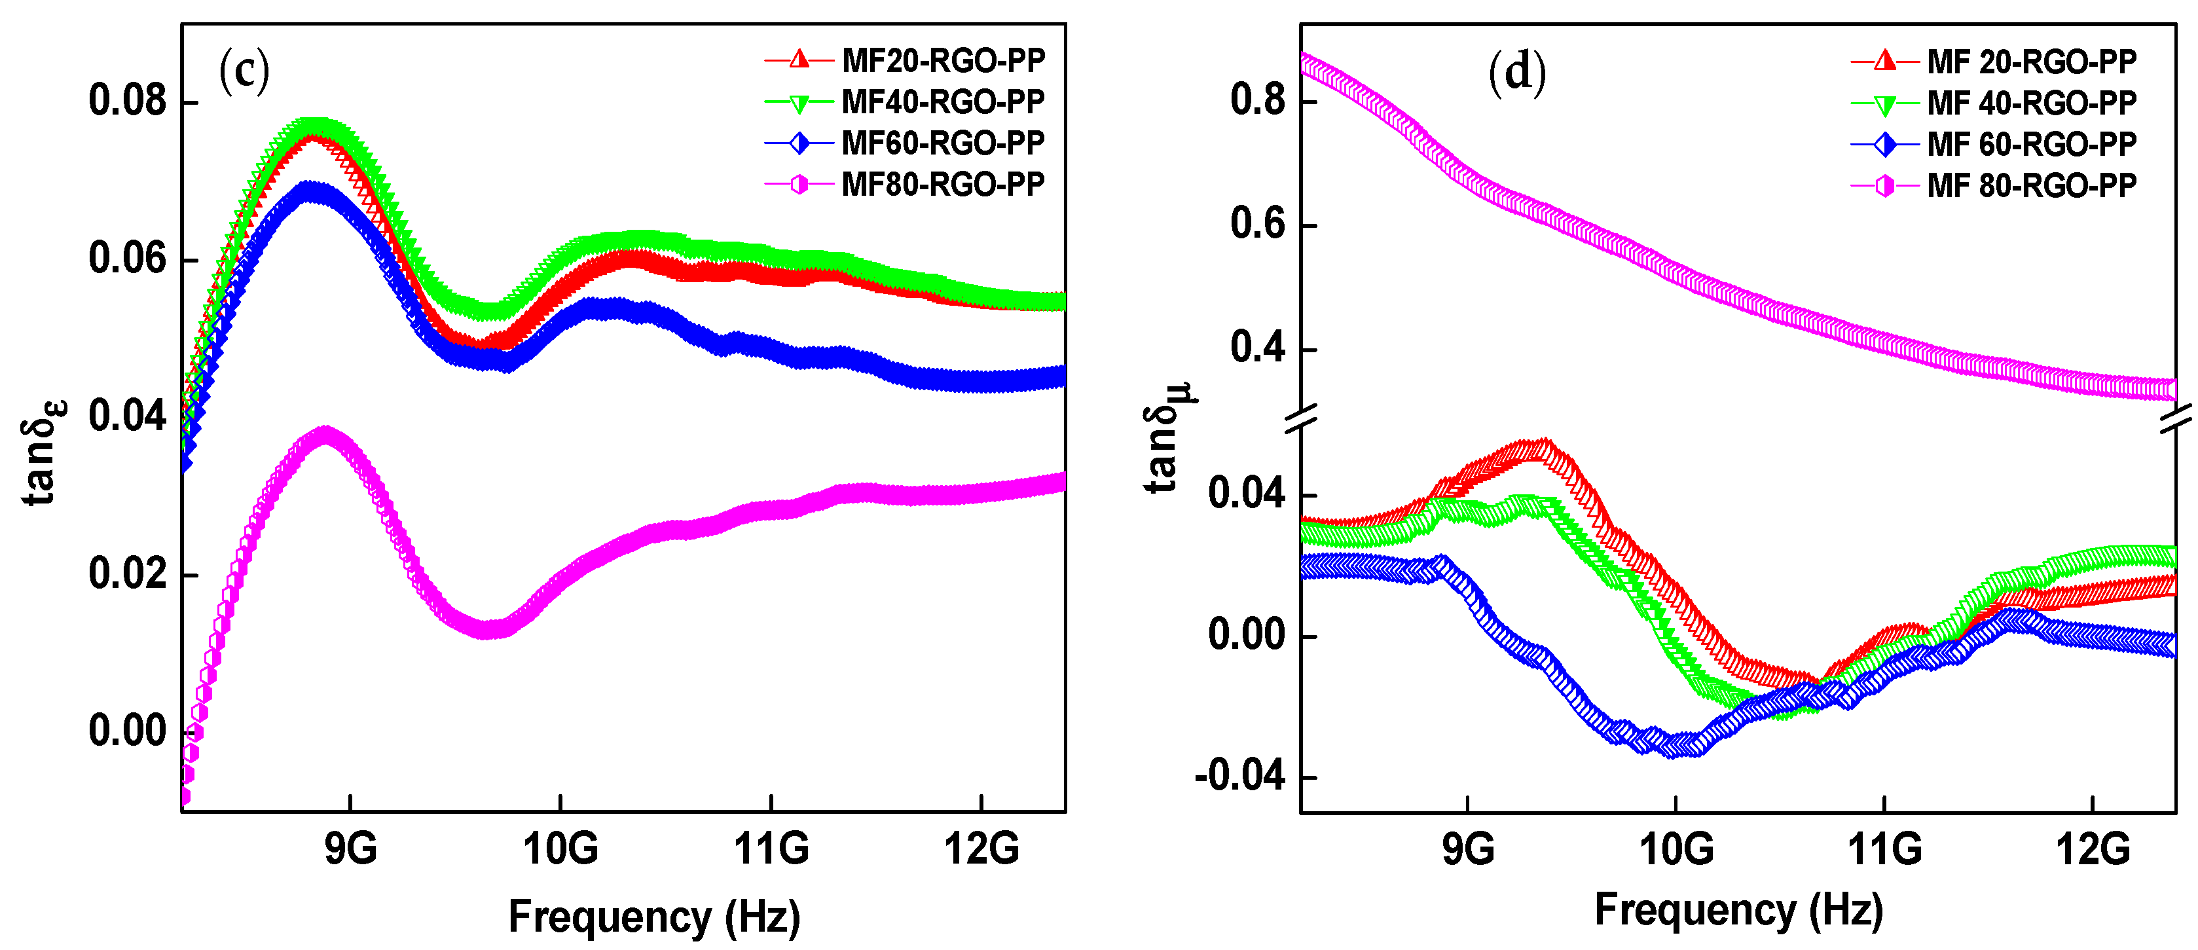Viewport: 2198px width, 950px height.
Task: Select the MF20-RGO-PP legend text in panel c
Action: [943, 61]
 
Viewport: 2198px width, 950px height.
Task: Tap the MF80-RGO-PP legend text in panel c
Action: [943, 185]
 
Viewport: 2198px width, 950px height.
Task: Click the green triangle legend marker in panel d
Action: [1885, 104]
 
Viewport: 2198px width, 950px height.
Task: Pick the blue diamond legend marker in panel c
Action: [799, 143]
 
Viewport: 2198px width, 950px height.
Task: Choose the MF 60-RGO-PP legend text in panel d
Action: [2032, 144]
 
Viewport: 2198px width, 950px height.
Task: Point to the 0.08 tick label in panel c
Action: [127, 101]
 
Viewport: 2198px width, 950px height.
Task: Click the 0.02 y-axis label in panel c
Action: [127, 574]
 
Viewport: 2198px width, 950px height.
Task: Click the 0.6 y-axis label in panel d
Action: [1257, 225]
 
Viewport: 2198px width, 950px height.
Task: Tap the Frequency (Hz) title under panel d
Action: [1738, 910]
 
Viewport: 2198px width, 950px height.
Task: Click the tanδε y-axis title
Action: [43, 452]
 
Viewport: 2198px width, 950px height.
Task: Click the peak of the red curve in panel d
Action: [1542, 447]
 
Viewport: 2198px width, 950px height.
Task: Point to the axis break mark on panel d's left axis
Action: [1300, 418]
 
